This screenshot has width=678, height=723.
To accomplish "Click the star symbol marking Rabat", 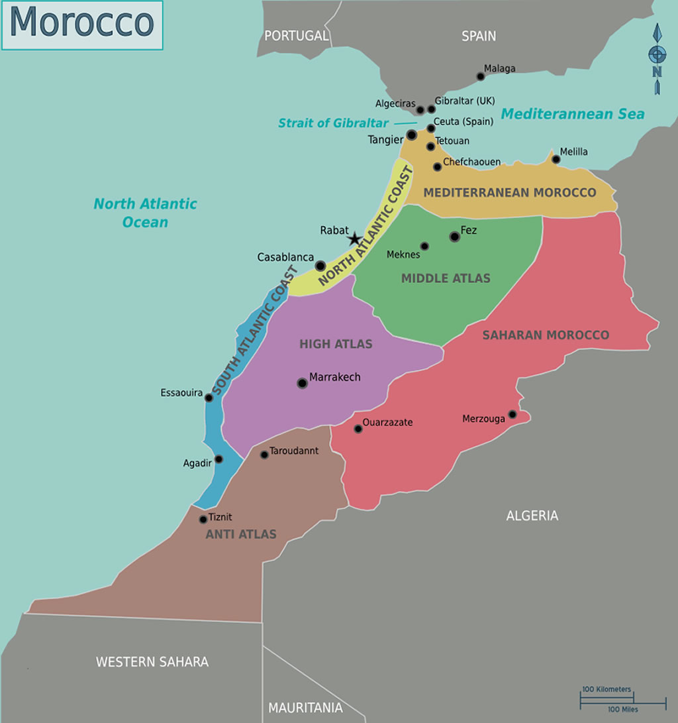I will [x=354, y=239].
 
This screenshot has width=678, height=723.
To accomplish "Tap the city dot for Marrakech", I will [x=302, y=383].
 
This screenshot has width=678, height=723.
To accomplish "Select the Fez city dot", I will [x=454, y=237].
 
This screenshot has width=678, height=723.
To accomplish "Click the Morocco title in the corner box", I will [x=81, y=24].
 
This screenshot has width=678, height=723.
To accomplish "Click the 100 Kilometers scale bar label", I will [x=606, y=689].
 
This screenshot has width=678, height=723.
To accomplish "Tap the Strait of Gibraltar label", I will [x=333, y=123].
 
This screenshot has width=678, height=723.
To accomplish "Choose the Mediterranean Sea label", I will [x=572, y=114].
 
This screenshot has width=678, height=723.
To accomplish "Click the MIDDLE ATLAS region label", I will [x=446, y=278].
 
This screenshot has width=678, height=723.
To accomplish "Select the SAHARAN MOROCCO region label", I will [x=545, y=335].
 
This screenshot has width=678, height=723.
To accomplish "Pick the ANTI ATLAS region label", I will [x=241, y=534].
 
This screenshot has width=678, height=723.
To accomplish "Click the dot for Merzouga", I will [x=512, y=415].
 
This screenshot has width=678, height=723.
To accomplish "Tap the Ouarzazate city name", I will [x=387, y=422].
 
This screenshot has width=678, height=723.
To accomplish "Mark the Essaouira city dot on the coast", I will [x=209, y=398].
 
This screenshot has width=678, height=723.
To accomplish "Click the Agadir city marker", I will [x=218, y=459].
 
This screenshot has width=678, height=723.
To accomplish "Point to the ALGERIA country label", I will [x=532, y=516].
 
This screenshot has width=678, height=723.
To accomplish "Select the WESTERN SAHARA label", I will [x=152, y=661].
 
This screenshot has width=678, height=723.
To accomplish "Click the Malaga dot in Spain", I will [x=481, y=77].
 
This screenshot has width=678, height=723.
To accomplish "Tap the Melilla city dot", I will [x=556, y=159].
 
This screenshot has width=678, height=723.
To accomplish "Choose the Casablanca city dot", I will [x=320, y=266].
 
